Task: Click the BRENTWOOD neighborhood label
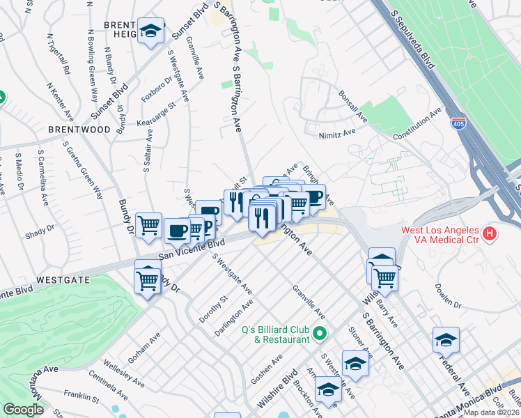tap(79, 130)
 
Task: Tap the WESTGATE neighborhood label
tap(63, 279)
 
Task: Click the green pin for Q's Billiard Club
tap(320, 334)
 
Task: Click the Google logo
tap(24, 410)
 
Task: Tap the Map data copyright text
tap(491, 412)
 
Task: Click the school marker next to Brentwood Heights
tap(150, 31)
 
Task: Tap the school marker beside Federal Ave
tap(446, 340)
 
